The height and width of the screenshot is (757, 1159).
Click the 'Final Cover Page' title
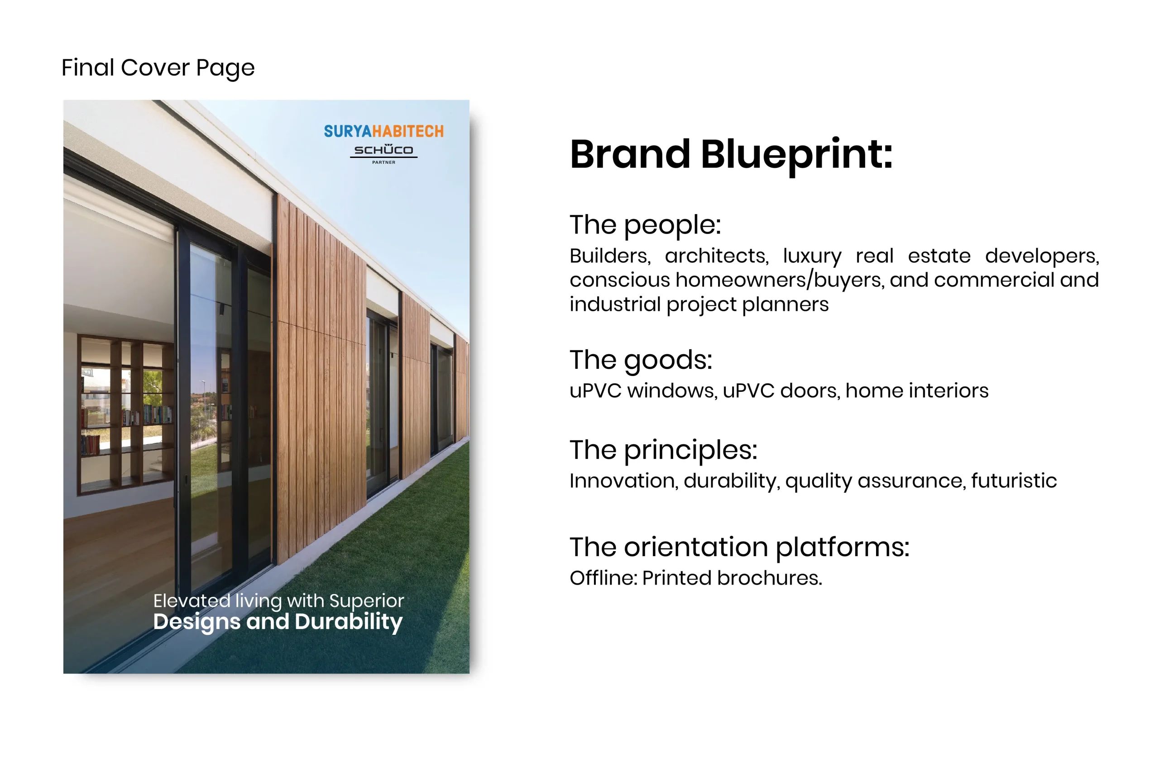(158, 68)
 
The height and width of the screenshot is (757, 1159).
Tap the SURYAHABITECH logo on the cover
(384, 131)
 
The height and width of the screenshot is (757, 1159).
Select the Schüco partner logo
(384, 154)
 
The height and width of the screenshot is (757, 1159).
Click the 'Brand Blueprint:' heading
(731, 155)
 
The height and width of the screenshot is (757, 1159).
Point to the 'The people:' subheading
(645, 225)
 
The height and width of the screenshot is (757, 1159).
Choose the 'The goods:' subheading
(641, 360)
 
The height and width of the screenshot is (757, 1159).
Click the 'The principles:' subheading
(664, 450)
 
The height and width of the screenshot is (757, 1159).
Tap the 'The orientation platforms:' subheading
(740, 548)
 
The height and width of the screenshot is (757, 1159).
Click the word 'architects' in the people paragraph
(717, 256)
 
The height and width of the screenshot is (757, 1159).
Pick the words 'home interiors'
(917, 390)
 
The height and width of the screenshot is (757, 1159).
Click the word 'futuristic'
(1014, 481)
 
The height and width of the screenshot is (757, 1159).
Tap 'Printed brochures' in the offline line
(732, 578)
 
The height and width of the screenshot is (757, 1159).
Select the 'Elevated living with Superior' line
(278, 601)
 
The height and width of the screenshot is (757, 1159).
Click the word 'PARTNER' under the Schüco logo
(384, 162)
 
